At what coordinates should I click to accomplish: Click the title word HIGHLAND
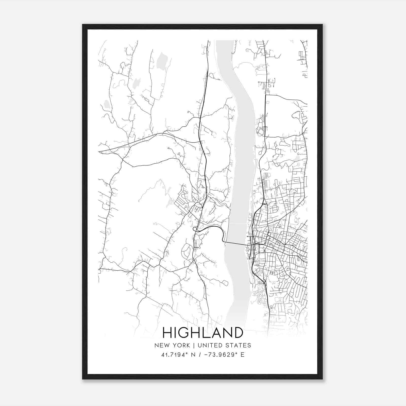[202, 333]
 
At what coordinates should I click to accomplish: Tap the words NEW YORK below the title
[172, 345]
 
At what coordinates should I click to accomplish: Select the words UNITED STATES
[224, 345]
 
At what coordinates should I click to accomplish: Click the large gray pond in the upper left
[161, 61]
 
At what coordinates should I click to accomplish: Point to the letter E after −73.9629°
[242, 355]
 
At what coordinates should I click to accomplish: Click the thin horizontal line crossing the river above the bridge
[238, 224]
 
